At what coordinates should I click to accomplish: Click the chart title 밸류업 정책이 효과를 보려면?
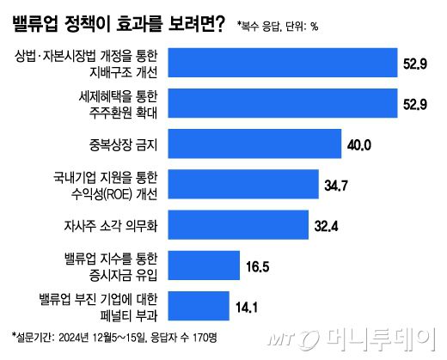click(x=120, y=24)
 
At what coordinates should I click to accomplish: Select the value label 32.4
click(x=328, y=226)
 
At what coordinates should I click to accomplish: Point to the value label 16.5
click(x=258, y=266)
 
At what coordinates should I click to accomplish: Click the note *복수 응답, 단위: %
click(x=279, y=26)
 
